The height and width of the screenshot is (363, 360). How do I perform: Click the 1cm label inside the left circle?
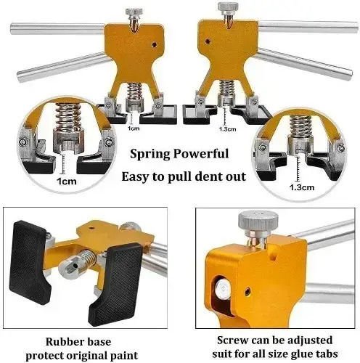pos(67,181)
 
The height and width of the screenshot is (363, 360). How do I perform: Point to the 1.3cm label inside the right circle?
pos(302,187)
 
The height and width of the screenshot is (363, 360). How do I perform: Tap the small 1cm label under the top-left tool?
pos(134,129)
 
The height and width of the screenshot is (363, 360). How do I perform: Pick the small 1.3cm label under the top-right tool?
pos(227,129)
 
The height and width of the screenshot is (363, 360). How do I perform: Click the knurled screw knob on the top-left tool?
pos(134,12)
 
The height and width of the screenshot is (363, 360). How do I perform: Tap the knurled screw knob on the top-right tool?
pos(226,7)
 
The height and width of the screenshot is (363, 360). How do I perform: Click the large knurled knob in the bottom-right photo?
pos(258,220)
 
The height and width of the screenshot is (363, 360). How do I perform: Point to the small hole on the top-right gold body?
pos(207,41)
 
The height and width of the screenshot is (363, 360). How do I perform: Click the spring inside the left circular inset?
pos(67,116)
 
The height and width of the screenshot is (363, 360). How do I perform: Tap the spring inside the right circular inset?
pos(300,126)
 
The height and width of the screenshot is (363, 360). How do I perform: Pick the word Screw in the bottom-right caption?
pos(232,340)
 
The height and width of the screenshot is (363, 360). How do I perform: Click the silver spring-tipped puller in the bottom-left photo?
pos(78,264)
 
